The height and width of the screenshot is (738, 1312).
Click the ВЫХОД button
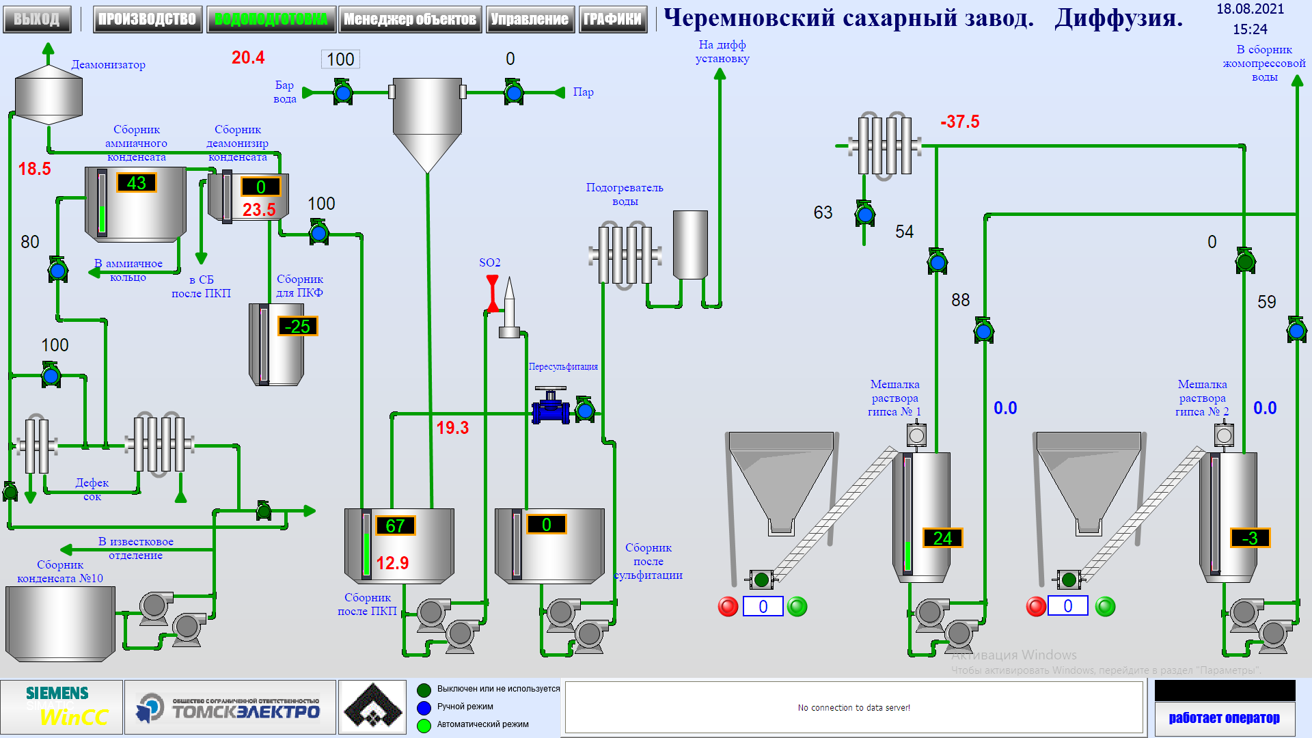(37, 19)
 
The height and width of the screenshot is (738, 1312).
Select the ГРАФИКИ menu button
(612, 19)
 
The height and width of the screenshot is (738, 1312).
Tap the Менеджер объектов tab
(410, 19)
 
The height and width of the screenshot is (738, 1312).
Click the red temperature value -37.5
(959, 122)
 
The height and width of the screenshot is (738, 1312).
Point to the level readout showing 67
(395, 525)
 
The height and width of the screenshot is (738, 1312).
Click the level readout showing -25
(297, 327)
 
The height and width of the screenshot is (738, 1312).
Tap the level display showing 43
(136, 183)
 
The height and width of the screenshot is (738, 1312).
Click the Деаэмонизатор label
(108, 65)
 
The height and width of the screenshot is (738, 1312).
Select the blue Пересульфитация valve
(550, 407)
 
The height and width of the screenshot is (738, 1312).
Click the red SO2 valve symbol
(492, 292)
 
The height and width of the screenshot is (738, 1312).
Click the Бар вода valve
(343, 92)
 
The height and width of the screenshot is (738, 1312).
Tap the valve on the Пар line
(513, 92)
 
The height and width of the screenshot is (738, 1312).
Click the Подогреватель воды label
(624, 194)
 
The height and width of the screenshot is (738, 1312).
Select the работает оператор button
(1224, 717)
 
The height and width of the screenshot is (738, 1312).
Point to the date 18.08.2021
(1250, 10)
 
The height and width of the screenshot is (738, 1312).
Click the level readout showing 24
(942, 538)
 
